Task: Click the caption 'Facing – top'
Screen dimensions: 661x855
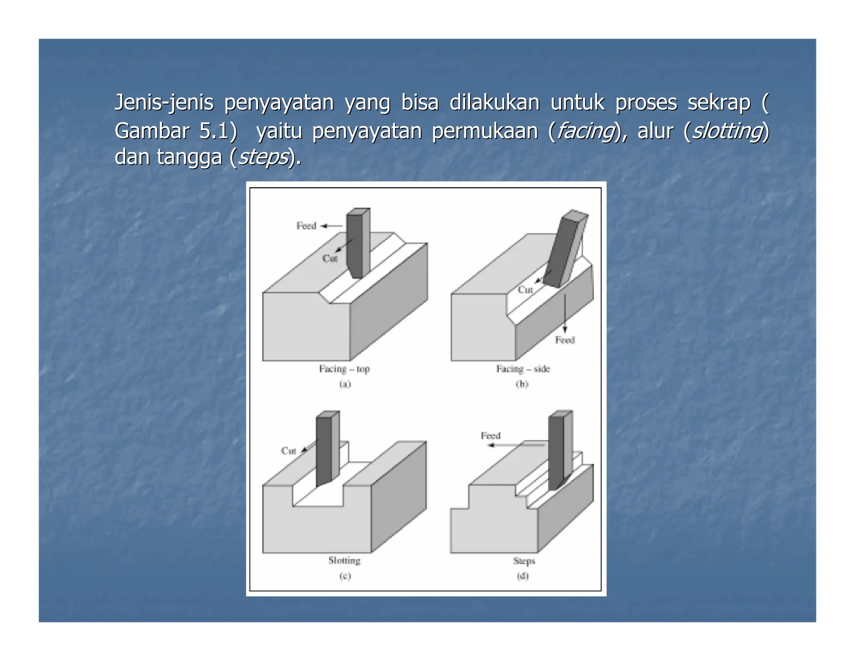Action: (x=344, y=369)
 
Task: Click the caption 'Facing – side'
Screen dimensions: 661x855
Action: (x=523, y=369)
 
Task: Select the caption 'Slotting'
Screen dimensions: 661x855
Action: (x=344, y=560)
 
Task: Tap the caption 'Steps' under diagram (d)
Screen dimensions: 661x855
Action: (x=524, y=561)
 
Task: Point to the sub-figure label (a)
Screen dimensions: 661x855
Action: (x=345, y=384)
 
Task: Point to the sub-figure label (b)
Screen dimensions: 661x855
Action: (x=522, y=384)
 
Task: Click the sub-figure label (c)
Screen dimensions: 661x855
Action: (x=345, y=576)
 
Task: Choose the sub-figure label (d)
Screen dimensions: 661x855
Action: (x=523, y=576)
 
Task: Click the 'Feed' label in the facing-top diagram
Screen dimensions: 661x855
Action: (x=306, y=226)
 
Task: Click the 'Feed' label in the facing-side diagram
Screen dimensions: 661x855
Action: (x=565, y=340)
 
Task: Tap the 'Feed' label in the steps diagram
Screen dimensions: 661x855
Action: (x=490, y=436)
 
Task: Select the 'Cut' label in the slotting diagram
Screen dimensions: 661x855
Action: (x=288, y=451)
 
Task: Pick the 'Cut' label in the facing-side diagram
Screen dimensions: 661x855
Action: (x=525, y=290)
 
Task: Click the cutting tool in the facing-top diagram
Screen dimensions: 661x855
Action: (x=357, y=242)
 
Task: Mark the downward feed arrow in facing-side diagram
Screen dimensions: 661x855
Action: (x=565, y=313)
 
